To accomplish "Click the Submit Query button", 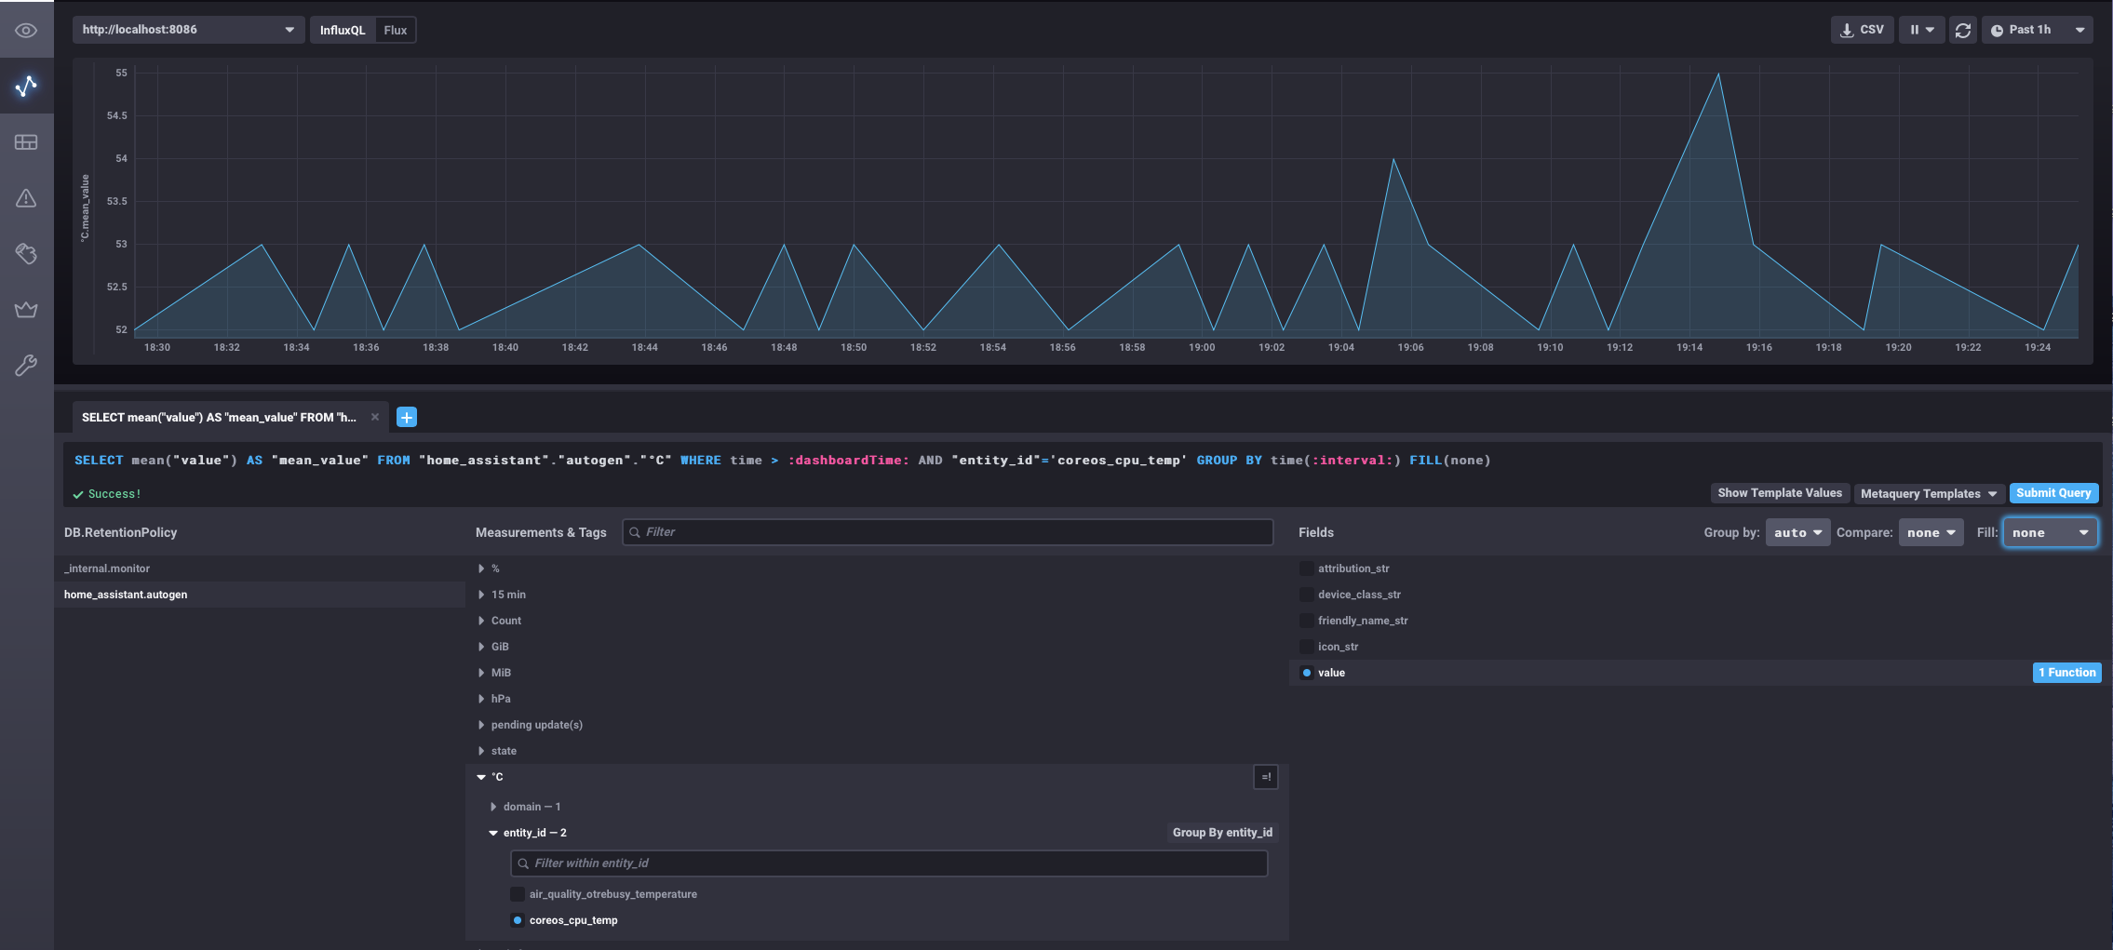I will point(2052,493).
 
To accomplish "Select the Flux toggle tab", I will point(396,30).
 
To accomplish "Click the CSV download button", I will point(1862,30).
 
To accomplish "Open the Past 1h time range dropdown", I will point(2037,30).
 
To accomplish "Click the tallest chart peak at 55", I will point(1717,74).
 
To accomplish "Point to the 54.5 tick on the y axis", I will point(116,115).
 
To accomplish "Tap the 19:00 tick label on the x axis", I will point(1201,347).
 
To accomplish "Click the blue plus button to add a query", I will point(407,417).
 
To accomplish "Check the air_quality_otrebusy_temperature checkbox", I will point(518,894).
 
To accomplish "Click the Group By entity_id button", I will point(1221,833).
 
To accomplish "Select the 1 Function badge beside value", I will point(2066,673).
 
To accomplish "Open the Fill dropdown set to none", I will point(2050,532).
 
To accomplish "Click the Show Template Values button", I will point(1779,493).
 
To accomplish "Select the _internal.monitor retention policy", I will point(107,569).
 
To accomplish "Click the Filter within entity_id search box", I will point(889,863).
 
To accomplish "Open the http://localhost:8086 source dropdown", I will point(188,30).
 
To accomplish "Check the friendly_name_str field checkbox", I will point(1307,621).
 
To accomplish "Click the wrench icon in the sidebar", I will point(26,365).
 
